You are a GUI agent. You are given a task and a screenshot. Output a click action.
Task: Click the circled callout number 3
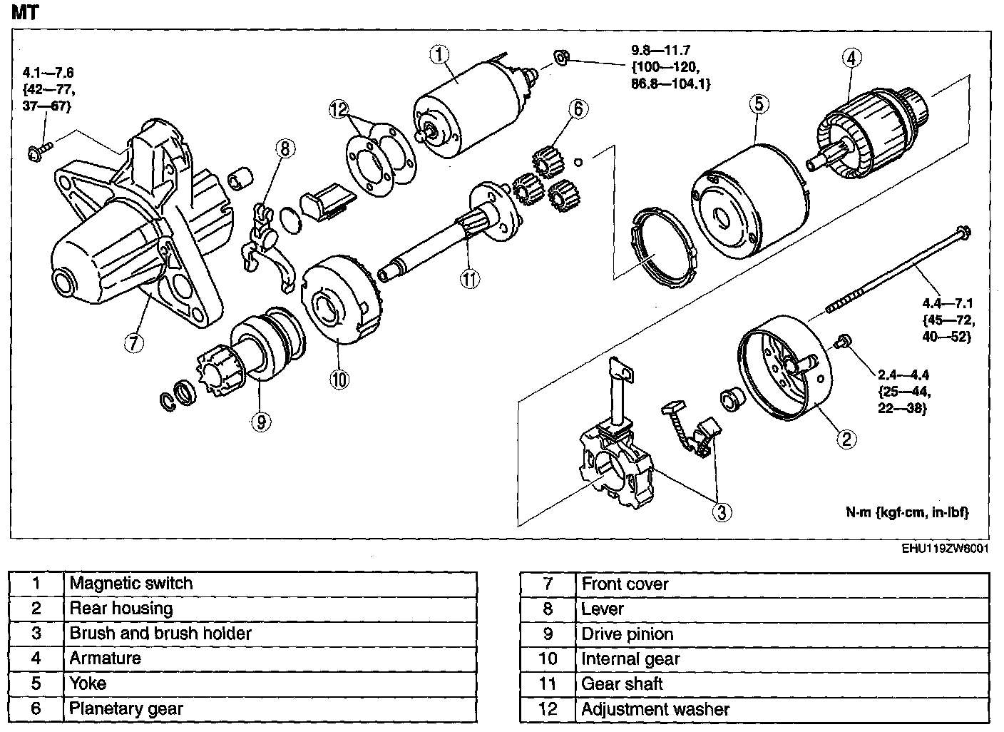pyautogui.click(x=722, y=511)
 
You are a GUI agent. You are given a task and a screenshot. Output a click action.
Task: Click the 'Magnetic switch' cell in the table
pyautogui.click(x=130, y=583)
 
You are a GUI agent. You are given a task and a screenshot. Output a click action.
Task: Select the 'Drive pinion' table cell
pyautogui.click(x=627, y=634)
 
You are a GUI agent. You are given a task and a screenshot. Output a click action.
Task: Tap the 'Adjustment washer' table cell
pyautogui.click(x=655, y=709)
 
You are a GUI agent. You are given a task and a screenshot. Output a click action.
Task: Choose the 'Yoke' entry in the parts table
pyautogui.click(x=88, y=683)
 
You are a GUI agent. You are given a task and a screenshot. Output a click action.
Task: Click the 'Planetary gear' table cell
pyautogui.click(x=125, y=708)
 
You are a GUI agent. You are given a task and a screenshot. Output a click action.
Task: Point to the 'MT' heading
pyautogui.click(x=26, y=12)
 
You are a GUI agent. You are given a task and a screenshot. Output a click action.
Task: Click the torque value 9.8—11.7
pyautogui.click(x=660, y=51)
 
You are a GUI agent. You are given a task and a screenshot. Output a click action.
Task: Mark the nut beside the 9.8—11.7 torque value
pyautogui.click(x=561, y=57)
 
